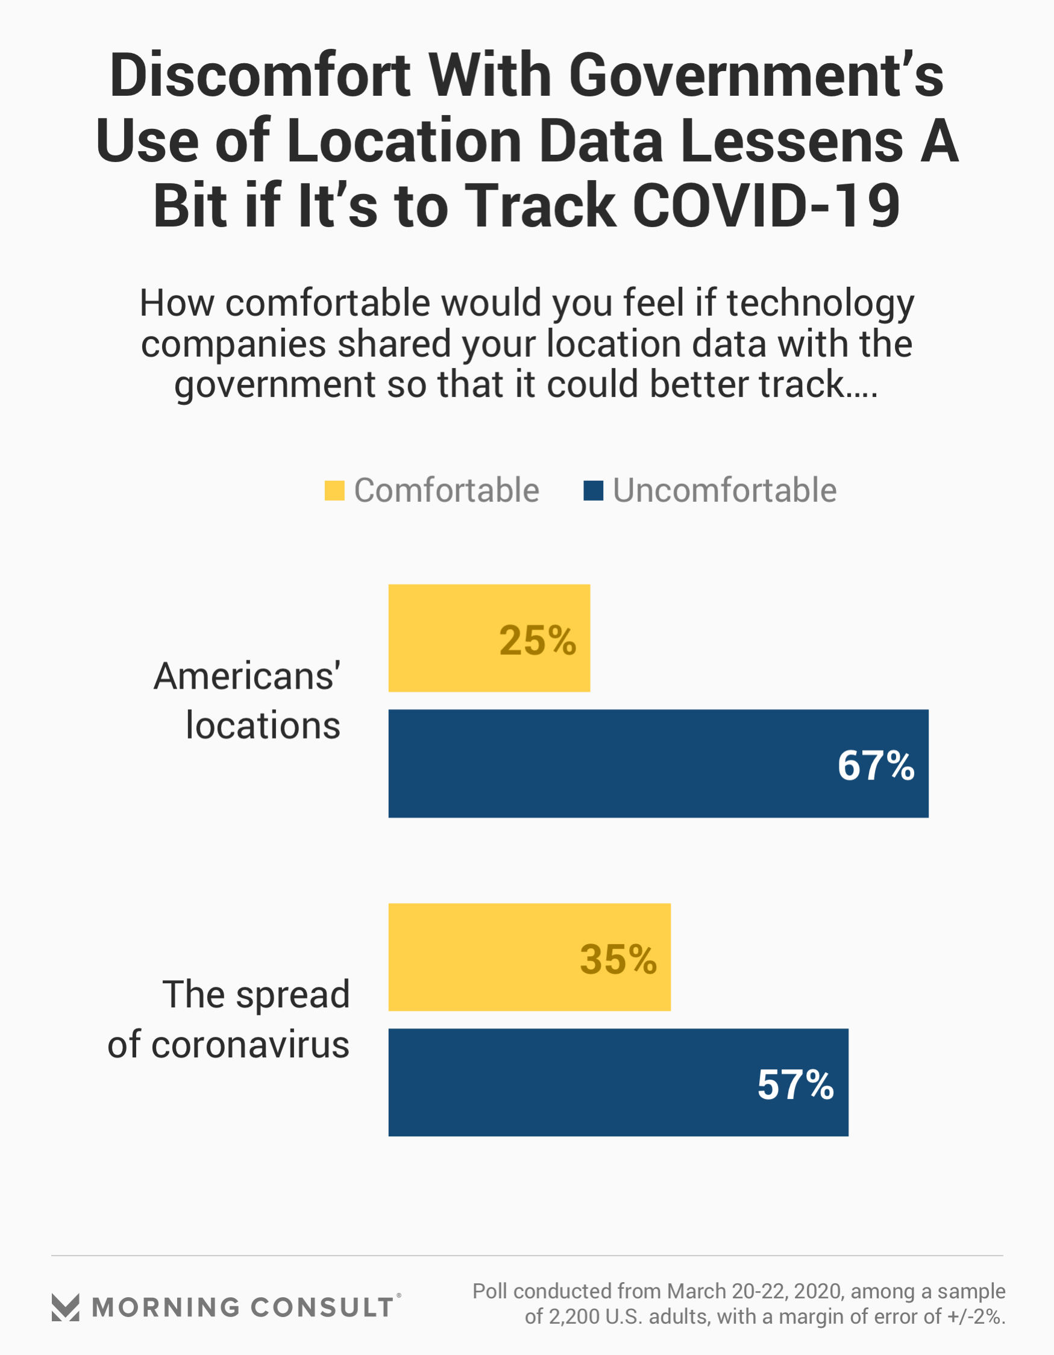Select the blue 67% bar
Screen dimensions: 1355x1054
point(608,763)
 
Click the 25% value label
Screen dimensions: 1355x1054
point(538,640)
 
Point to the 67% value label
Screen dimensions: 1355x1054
point(875,766)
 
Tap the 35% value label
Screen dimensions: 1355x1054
point(618,960)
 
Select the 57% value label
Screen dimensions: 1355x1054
point(795,1085)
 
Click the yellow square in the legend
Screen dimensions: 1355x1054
point(334,491)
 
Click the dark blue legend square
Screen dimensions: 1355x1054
point(594,491)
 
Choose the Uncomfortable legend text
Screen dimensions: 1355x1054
point(724,491)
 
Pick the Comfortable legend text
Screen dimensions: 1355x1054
point(447,491)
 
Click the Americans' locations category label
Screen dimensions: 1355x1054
point(248,701)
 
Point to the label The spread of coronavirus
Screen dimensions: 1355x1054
point(230,1019)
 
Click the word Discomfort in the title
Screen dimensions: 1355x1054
point(260,76)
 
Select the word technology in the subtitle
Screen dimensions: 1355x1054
point(820,304)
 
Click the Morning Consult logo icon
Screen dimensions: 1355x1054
point(65,1307)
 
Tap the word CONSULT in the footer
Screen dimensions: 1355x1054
point(322,1307)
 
